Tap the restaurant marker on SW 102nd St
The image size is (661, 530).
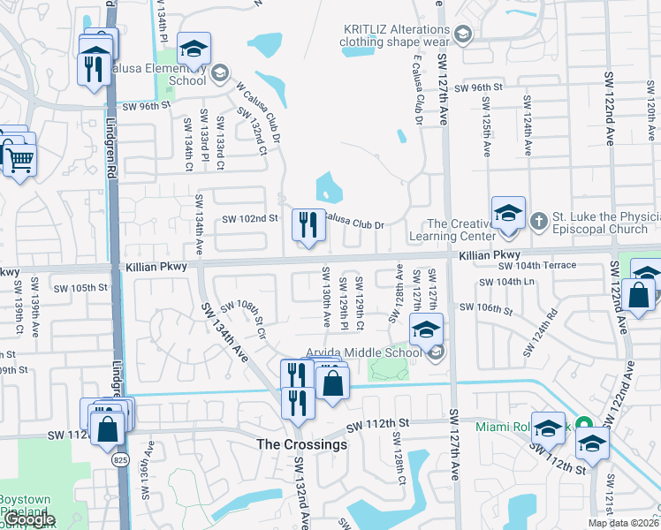(x=308, y=225)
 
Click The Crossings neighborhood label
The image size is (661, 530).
(x=301, y=444)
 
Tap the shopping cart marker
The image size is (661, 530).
(x=18, y=160)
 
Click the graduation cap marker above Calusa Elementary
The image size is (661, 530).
(x=194, y=49)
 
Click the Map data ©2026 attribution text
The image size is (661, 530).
(x=623, y=523)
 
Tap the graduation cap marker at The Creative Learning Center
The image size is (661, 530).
(x=508, y=214)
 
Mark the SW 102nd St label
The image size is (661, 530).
(x=250, y=218)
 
